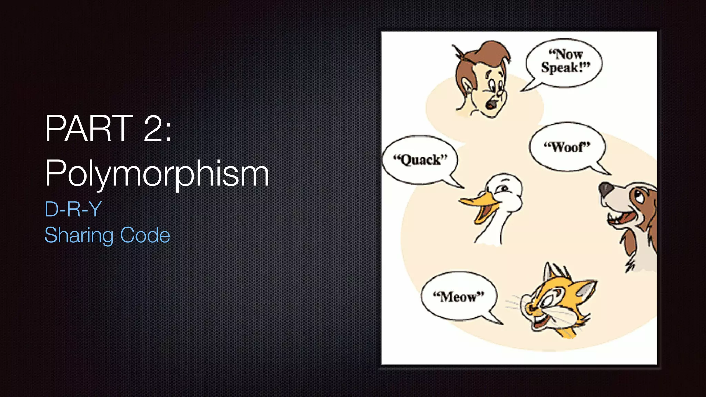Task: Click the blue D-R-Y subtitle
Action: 73,209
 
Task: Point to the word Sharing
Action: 79,235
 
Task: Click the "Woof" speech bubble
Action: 567,147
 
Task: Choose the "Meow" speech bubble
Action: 458,296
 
